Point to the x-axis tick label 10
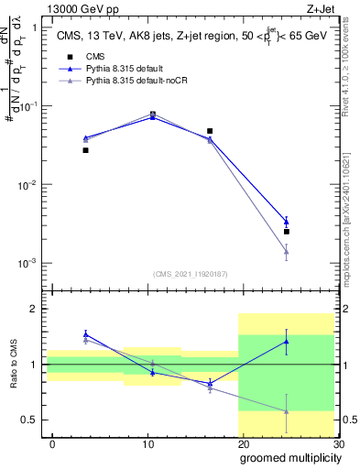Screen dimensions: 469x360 (147, 444)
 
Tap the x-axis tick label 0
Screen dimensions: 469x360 (52, 444)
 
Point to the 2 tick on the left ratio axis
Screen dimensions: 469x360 (34, 309)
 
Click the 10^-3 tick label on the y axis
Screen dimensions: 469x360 (27, 264)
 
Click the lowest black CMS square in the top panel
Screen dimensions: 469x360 (287, 232)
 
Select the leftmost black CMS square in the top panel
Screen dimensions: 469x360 (85, 150)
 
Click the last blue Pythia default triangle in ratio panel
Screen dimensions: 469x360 (287, 342)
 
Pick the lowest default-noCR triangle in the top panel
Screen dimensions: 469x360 (287, 252)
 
